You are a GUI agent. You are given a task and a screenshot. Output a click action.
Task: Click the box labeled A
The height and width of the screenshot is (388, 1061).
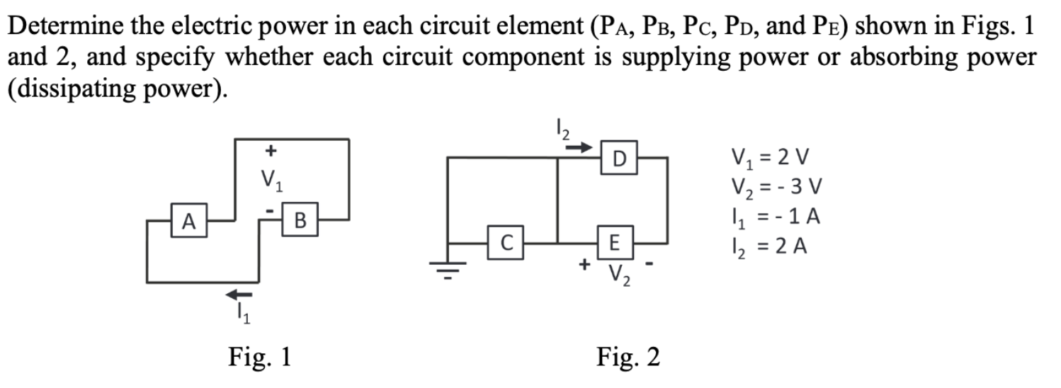[x=186, y=220]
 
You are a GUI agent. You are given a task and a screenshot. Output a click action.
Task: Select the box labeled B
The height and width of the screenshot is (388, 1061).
[x=298, y=220]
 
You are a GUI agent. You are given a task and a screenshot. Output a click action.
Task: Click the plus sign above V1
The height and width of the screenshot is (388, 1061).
[x=269, y=151]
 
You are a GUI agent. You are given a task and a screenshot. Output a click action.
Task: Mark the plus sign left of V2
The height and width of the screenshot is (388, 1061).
[x=584, y=265]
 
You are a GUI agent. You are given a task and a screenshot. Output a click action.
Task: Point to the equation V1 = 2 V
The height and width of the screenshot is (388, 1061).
[x=770, y=154]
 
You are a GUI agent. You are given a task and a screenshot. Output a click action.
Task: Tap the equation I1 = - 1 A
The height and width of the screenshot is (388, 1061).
[x=774, y=218]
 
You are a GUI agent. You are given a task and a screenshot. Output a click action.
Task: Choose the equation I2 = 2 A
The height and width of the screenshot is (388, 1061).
[x=770, y=249]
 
